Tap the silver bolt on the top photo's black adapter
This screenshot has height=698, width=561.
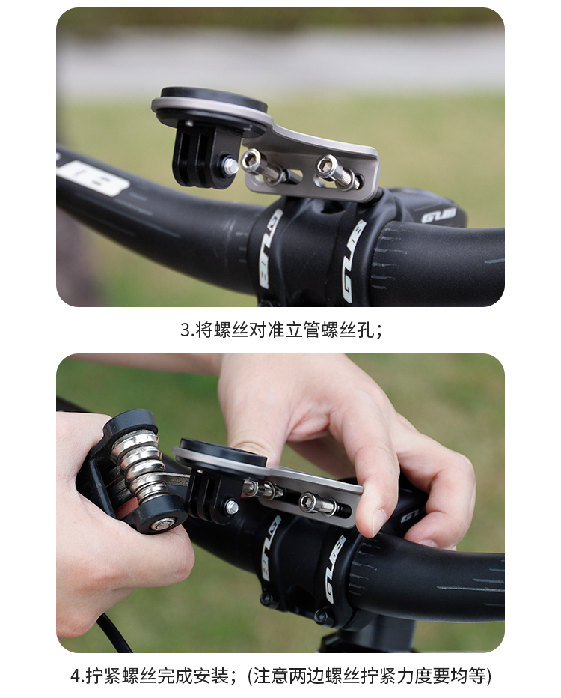point(230,165)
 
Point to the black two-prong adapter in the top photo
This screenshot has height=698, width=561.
point(200,154)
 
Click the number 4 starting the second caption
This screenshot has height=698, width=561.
point(76,676)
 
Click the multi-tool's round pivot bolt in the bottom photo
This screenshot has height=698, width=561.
point(162,525)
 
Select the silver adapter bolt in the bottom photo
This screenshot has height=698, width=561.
point(232,506)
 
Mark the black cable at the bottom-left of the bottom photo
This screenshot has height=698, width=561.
point(114,632)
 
